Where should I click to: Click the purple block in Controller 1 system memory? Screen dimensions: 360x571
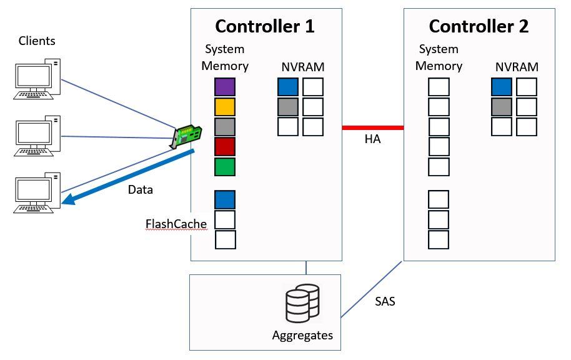pos(225,87)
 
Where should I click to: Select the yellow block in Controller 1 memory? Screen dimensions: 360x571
pos(225,107)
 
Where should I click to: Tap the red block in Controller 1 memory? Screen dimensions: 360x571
pos(225,147)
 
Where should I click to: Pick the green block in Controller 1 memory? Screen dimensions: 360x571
pos(225,167)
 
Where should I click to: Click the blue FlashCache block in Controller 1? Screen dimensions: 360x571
pos(225,200)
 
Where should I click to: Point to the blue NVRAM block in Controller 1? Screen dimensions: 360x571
pos(288,87)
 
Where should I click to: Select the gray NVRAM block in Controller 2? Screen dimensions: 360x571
pos(502,107)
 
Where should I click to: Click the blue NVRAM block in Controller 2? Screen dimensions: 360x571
pos(502,87)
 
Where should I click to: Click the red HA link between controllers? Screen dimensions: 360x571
pos(373,127)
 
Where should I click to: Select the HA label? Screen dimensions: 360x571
pos(372,139)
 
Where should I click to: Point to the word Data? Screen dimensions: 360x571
pos(140,189)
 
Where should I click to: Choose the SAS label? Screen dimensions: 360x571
pos(385,301)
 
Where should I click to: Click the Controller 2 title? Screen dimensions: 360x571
pos(479,26)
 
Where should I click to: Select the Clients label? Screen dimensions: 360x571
pos(37,41)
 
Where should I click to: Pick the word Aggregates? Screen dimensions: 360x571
pos(302,336)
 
